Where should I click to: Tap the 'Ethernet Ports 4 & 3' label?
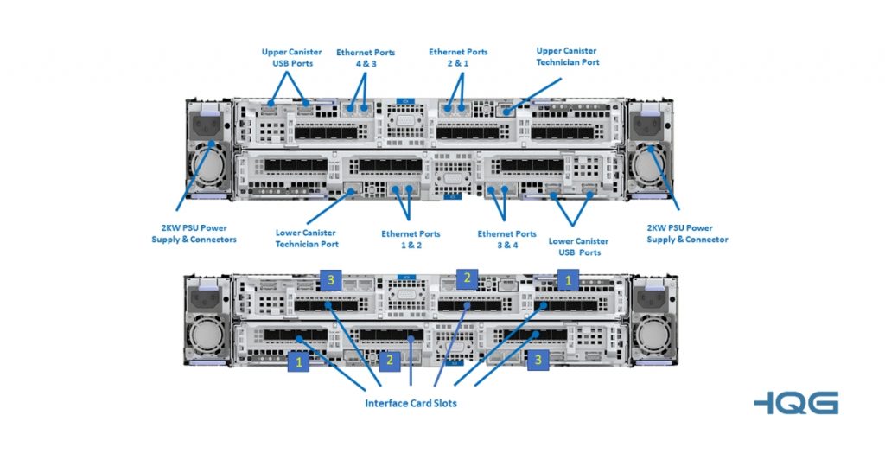pos(366,58)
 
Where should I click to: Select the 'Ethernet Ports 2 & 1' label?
pos(458,58)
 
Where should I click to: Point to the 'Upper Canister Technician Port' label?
pos(567,57)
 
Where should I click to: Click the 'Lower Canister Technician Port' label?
pos(306,239)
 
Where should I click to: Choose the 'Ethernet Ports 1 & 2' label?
pos(411,240)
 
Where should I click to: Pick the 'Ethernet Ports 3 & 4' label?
pos(506,240)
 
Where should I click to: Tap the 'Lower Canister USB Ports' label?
pos(578,246)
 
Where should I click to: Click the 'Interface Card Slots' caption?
pos(411,404)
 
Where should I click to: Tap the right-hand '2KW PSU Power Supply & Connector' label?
pos(687,233)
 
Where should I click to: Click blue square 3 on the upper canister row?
pos(331,279)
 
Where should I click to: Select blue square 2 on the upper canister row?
pos(467,278)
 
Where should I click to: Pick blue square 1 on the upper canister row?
pos(568,280)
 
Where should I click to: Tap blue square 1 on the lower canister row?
pos(299,362)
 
